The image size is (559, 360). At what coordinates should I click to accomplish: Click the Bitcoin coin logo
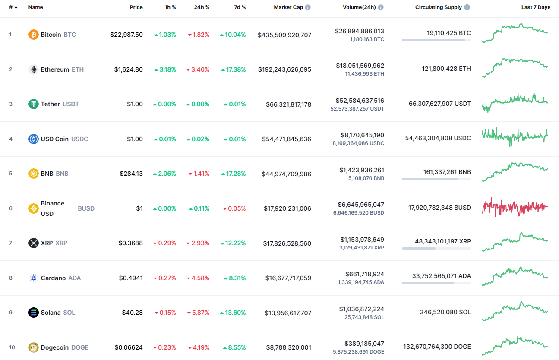tap(33, 35)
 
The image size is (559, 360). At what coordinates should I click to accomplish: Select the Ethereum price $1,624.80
tap(128, 69)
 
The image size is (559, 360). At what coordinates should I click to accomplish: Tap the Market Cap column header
tap(288, 7)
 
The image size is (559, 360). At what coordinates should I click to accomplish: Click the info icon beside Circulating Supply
tap(467, 7)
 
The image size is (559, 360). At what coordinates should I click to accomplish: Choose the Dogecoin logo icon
tap(33, 347)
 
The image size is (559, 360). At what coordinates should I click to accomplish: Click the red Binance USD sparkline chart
tap(515, 208)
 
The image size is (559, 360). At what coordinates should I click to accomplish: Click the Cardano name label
tap(53, 278)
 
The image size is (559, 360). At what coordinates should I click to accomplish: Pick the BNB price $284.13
tap(131, 174)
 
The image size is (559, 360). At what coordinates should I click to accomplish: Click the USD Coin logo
tap(33, 139)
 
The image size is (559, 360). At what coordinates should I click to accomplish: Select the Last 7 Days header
tap(536, 7)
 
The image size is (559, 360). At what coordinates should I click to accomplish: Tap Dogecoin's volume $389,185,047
tap(364, 344)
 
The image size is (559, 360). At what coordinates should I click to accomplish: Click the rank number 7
tap(11, 243)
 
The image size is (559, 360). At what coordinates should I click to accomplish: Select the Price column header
tap(136, 7)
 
